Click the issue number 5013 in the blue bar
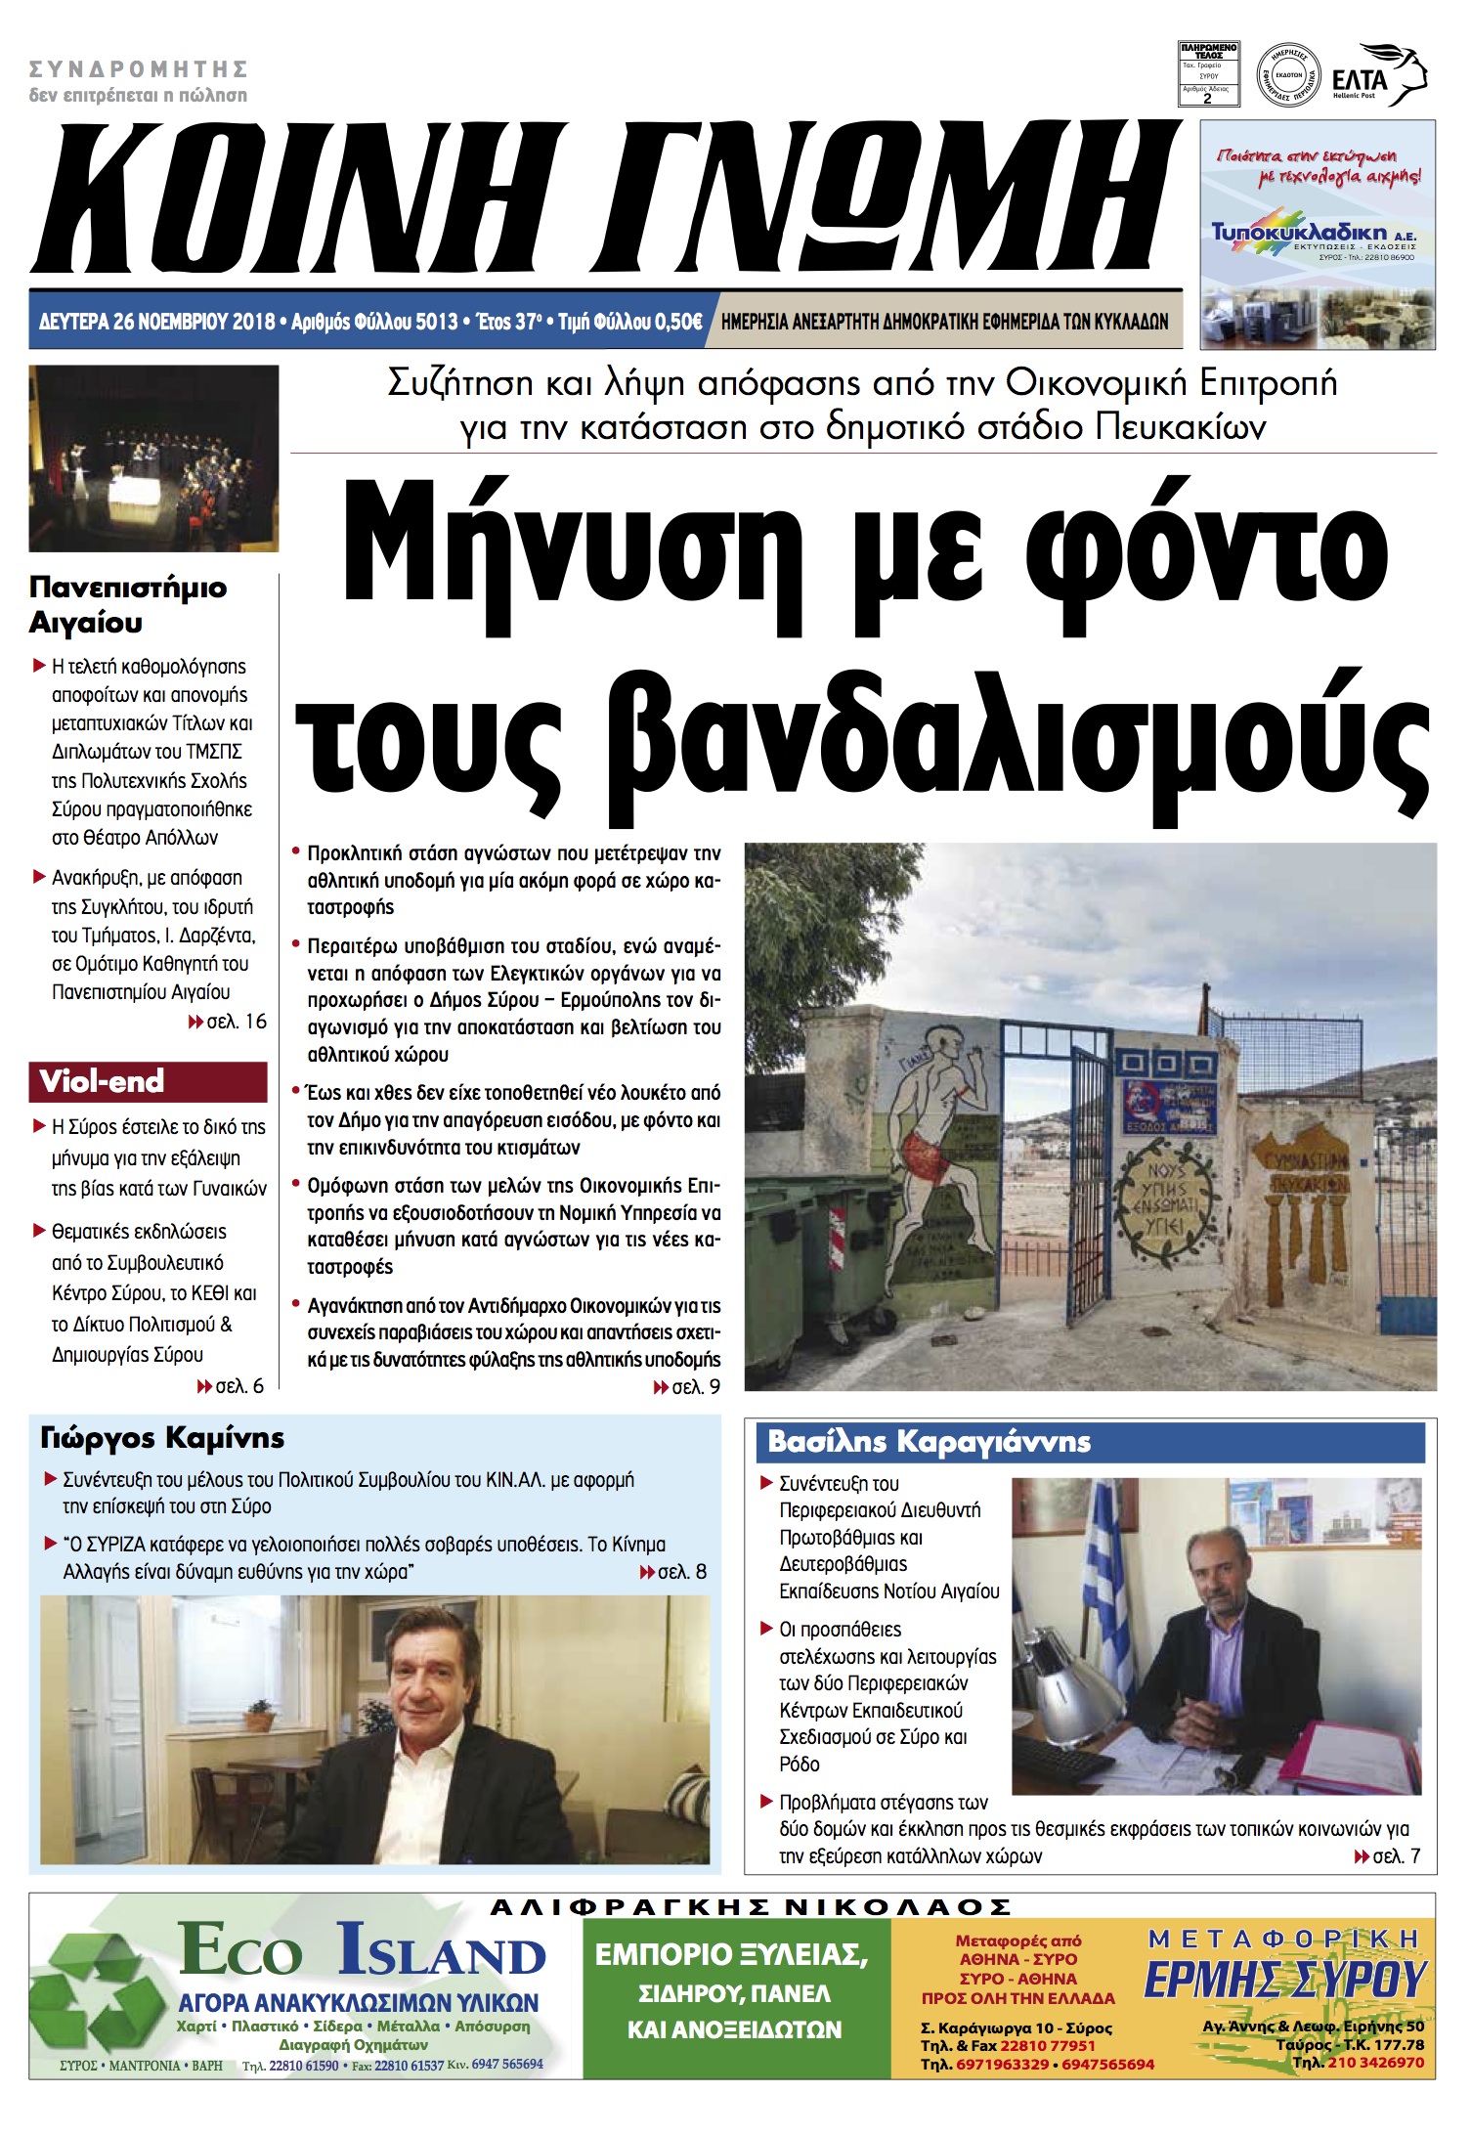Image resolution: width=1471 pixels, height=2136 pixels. pos(436,322)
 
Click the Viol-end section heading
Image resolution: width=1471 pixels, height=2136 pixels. pos(102,1082)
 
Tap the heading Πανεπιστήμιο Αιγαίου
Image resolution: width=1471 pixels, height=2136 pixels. pos(127,604)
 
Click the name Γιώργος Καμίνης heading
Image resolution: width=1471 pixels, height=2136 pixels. pos(162,1438)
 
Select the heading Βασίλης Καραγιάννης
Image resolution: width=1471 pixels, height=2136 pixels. pos(929,1442)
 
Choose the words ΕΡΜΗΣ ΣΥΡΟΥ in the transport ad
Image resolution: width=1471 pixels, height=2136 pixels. pos(1285,1981)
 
